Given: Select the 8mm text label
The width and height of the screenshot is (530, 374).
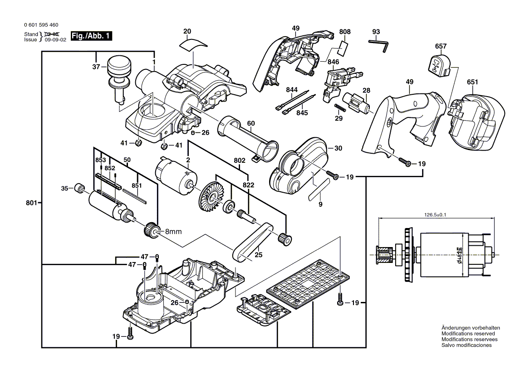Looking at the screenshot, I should click(x=173, y=232).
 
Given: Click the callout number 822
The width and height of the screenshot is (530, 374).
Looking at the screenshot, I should click(x=248, y=185).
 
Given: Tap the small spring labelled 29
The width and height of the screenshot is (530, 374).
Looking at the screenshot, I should click(x=339, y=109).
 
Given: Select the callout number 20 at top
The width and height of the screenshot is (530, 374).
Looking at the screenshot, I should click(x=187, y=31).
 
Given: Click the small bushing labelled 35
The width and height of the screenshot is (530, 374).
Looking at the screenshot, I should click(x=80, y=188).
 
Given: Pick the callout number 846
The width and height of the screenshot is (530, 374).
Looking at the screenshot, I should click(x=333, y=62).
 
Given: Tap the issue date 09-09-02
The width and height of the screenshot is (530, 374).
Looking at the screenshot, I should click(x=56, y=39).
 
